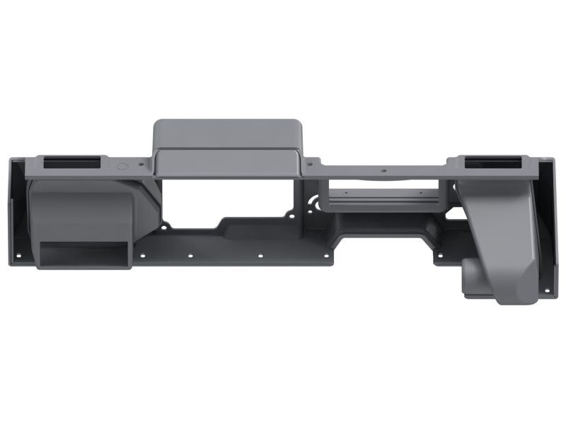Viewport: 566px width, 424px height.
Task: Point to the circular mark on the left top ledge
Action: [121, 167]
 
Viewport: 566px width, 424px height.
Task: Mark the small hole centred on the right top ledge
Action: [383, 171]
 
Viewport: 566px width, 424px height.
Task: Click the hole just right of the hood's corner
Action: [310, 165]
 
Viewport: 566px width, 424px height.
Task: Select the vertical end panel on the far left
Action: [17, 212]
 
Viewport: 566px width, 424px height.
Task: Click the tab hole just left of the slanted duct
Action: [441, 253]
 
